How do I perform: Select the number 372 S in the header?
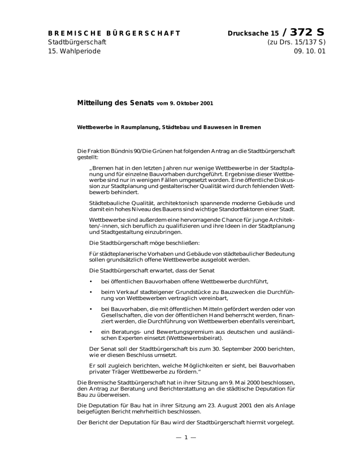tap(307, 32)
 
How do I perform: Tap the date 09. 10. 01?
tap(308, 51)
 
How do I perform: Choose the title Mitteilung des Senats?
tap(115, 102)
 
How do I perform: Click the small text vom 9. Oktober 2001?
tap(185, 103)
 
